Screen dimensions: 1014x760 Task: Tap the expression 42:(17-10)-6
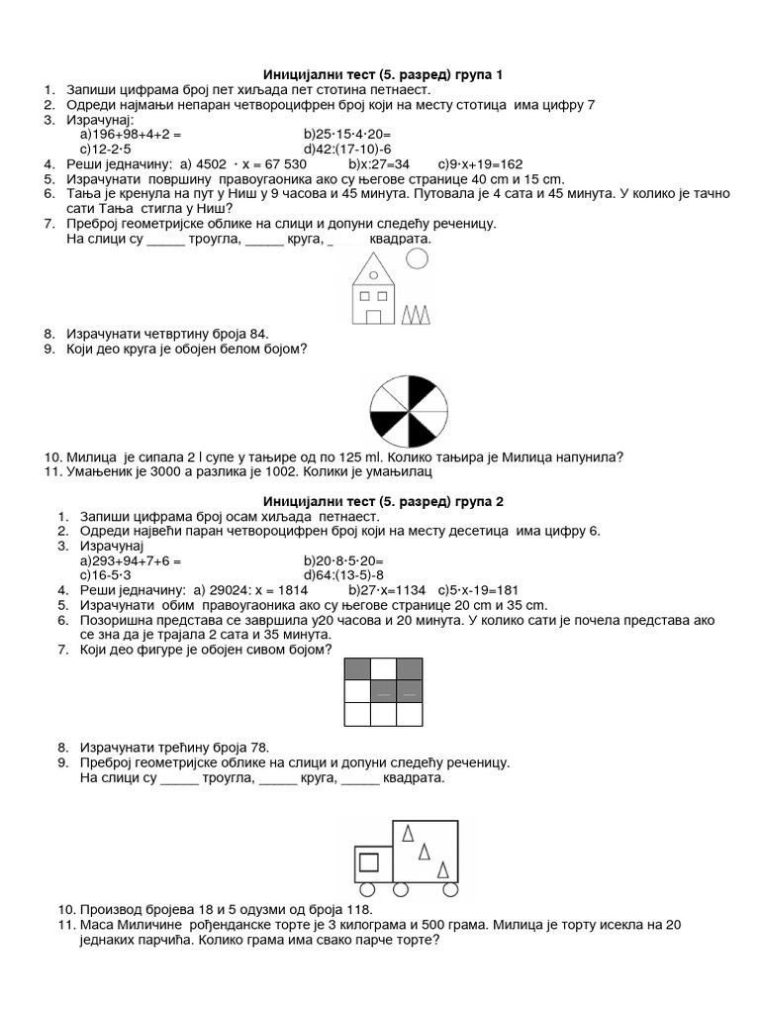[x=348, y=149]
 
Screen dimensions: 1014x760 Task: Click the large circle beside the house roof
[x=419, y=259]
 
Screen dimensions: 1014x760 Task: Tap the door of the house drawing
[x=374, y=316]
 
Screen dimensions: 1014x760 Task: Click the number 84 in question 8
[x=255, y=334]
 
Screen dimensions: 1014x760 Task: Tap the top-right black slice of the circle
[x=420, y=390]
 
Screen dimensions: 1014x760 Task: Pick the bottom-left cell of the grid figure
[x=356, y=713]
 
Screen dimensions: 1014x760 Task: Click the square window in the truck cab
[x=368, y=860]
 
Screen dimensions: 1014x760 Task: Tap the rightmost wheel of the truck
[x=449, y=887]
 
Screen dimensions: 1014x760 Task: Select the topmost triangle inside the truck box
[x=407, y=833]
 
